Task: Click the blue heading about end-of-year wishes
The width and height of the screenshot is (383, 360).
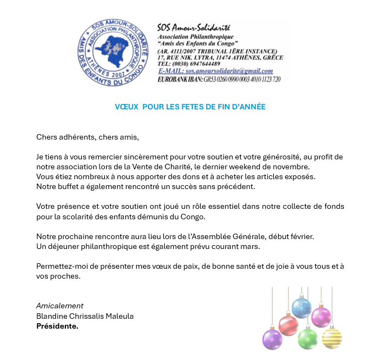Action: (x=190, y=107)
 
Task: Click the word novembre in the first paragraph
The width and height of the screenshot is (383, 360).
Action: (x=291, y=167)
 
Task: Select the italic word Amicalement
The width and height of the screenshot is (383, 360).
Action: (x=60, y=306)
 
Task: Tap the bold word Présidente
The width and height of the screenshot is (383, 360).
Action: (x=57, y=326)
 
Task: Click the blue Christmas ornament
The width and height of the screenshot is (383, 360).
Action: (x=301, y=308)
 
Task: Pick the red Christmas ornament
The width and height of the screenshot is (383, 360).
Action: (x=288, y=325)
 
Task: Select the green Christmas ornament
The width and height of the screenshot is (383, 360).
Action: (x=307, y=338)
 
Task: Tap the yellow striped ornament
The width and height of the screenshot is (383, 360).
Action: (x=331, y=338)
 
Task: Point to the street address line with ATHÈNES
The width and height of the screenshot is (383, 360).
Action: (x=220, y=57)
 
